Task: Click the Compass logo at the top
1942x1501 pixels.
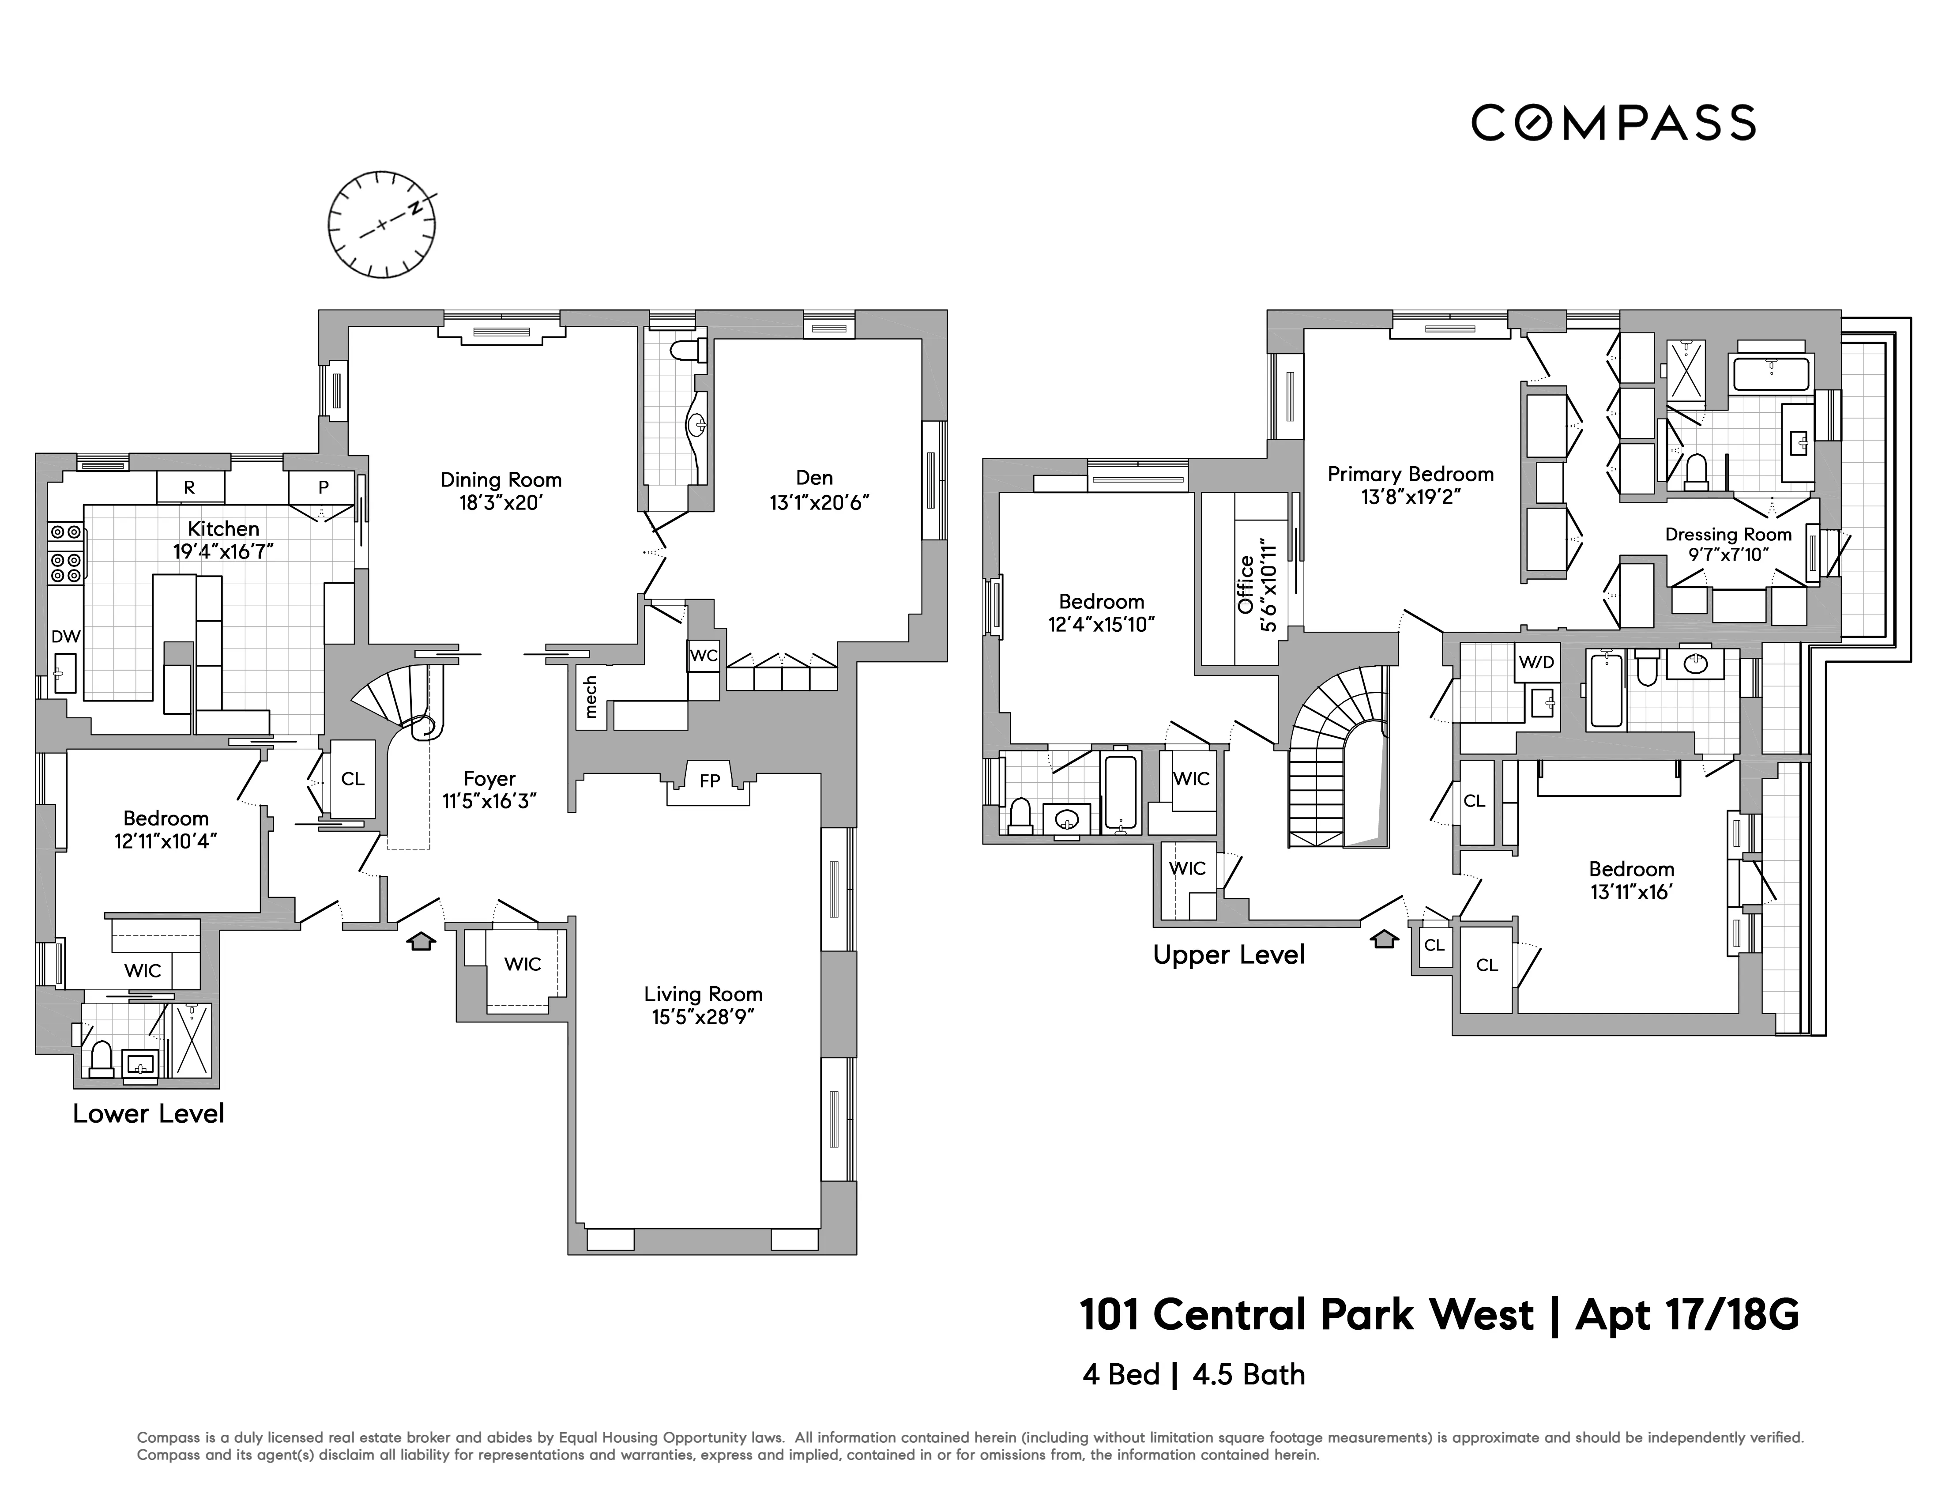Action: pos(1612,123)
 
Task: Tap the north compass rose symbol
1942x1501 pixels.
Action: pos(381,224)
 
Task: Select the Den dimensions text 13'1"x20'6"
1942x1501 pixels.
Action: pos(819,502)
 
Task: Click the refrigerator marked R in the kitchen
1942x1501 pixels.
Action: pos(189,487)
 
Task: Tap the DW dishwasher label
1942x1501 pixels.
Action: pos(66,637)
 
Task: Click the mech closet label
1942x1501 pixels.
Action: pos(591,697)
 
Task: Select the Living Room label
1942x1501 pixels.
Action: pos(704,994)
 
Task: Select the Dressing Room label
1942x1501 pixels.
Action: pos(1727,535)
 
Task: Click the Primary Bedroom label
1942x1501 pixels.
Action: pos(1410,474)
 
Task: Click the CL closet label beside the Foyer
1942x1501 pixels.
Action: pos(353,779)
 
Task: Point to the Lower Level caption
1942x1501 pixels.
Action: pos(148,1113)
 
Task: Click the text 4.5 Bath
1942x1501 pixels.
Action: pos(1249,1375)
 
